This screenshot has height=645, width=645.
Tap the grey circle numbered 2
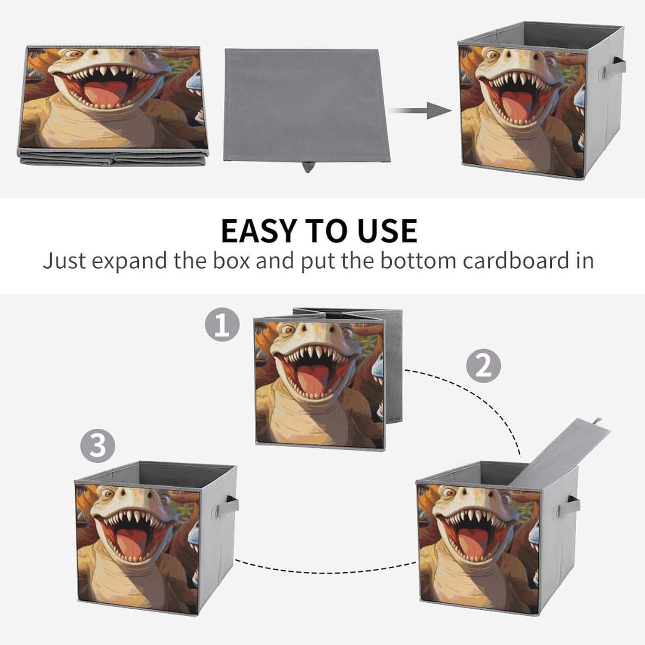[x=484, y=365]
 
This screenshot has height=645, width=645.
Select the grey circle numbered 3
[x=98, y=445]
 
